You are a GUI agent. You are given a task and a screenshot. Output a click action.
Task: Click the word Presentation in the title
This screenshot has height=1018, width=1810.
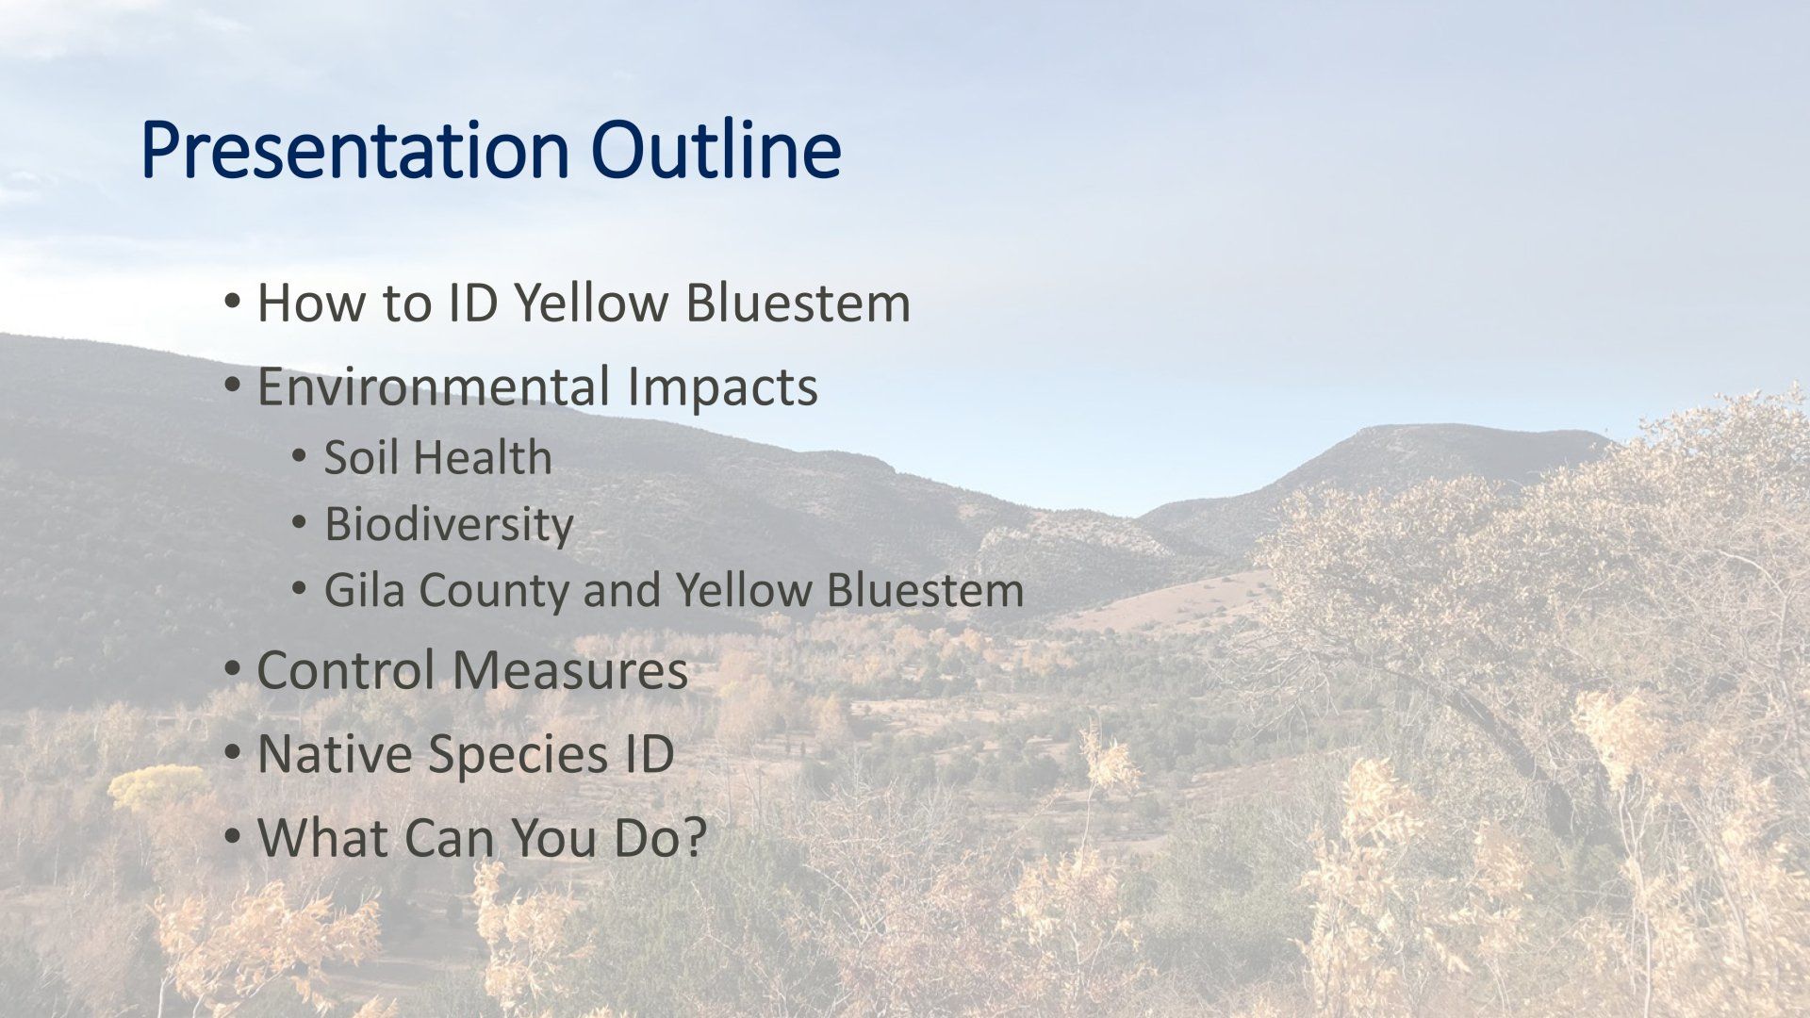point(354,151)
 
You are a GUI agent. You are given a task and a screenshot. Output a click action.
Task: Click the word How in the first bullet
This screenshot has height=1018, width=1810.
point(305,303)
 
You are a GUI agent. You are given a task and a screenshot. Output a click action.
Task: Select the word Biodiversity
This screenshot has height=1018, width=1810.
point(449,525)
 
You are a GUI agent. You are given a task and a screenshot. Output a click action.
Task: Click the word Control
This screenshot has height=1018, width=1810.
point(345,670)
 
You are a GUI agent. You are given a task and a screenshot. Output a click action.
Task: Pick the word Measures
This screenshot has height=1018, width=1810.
point(569,670)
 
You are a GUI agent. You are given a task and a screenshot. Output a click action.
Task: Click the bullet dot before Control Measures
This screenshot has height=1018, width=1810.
point(232,672)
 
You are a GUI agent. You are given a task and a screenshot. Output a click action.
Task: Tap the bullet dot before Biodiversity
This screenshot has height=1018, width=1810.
point(299,524)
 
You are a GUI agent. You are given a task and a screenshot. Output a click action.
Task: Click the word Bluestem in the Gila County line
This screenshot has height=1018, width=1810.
point(926,590)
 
